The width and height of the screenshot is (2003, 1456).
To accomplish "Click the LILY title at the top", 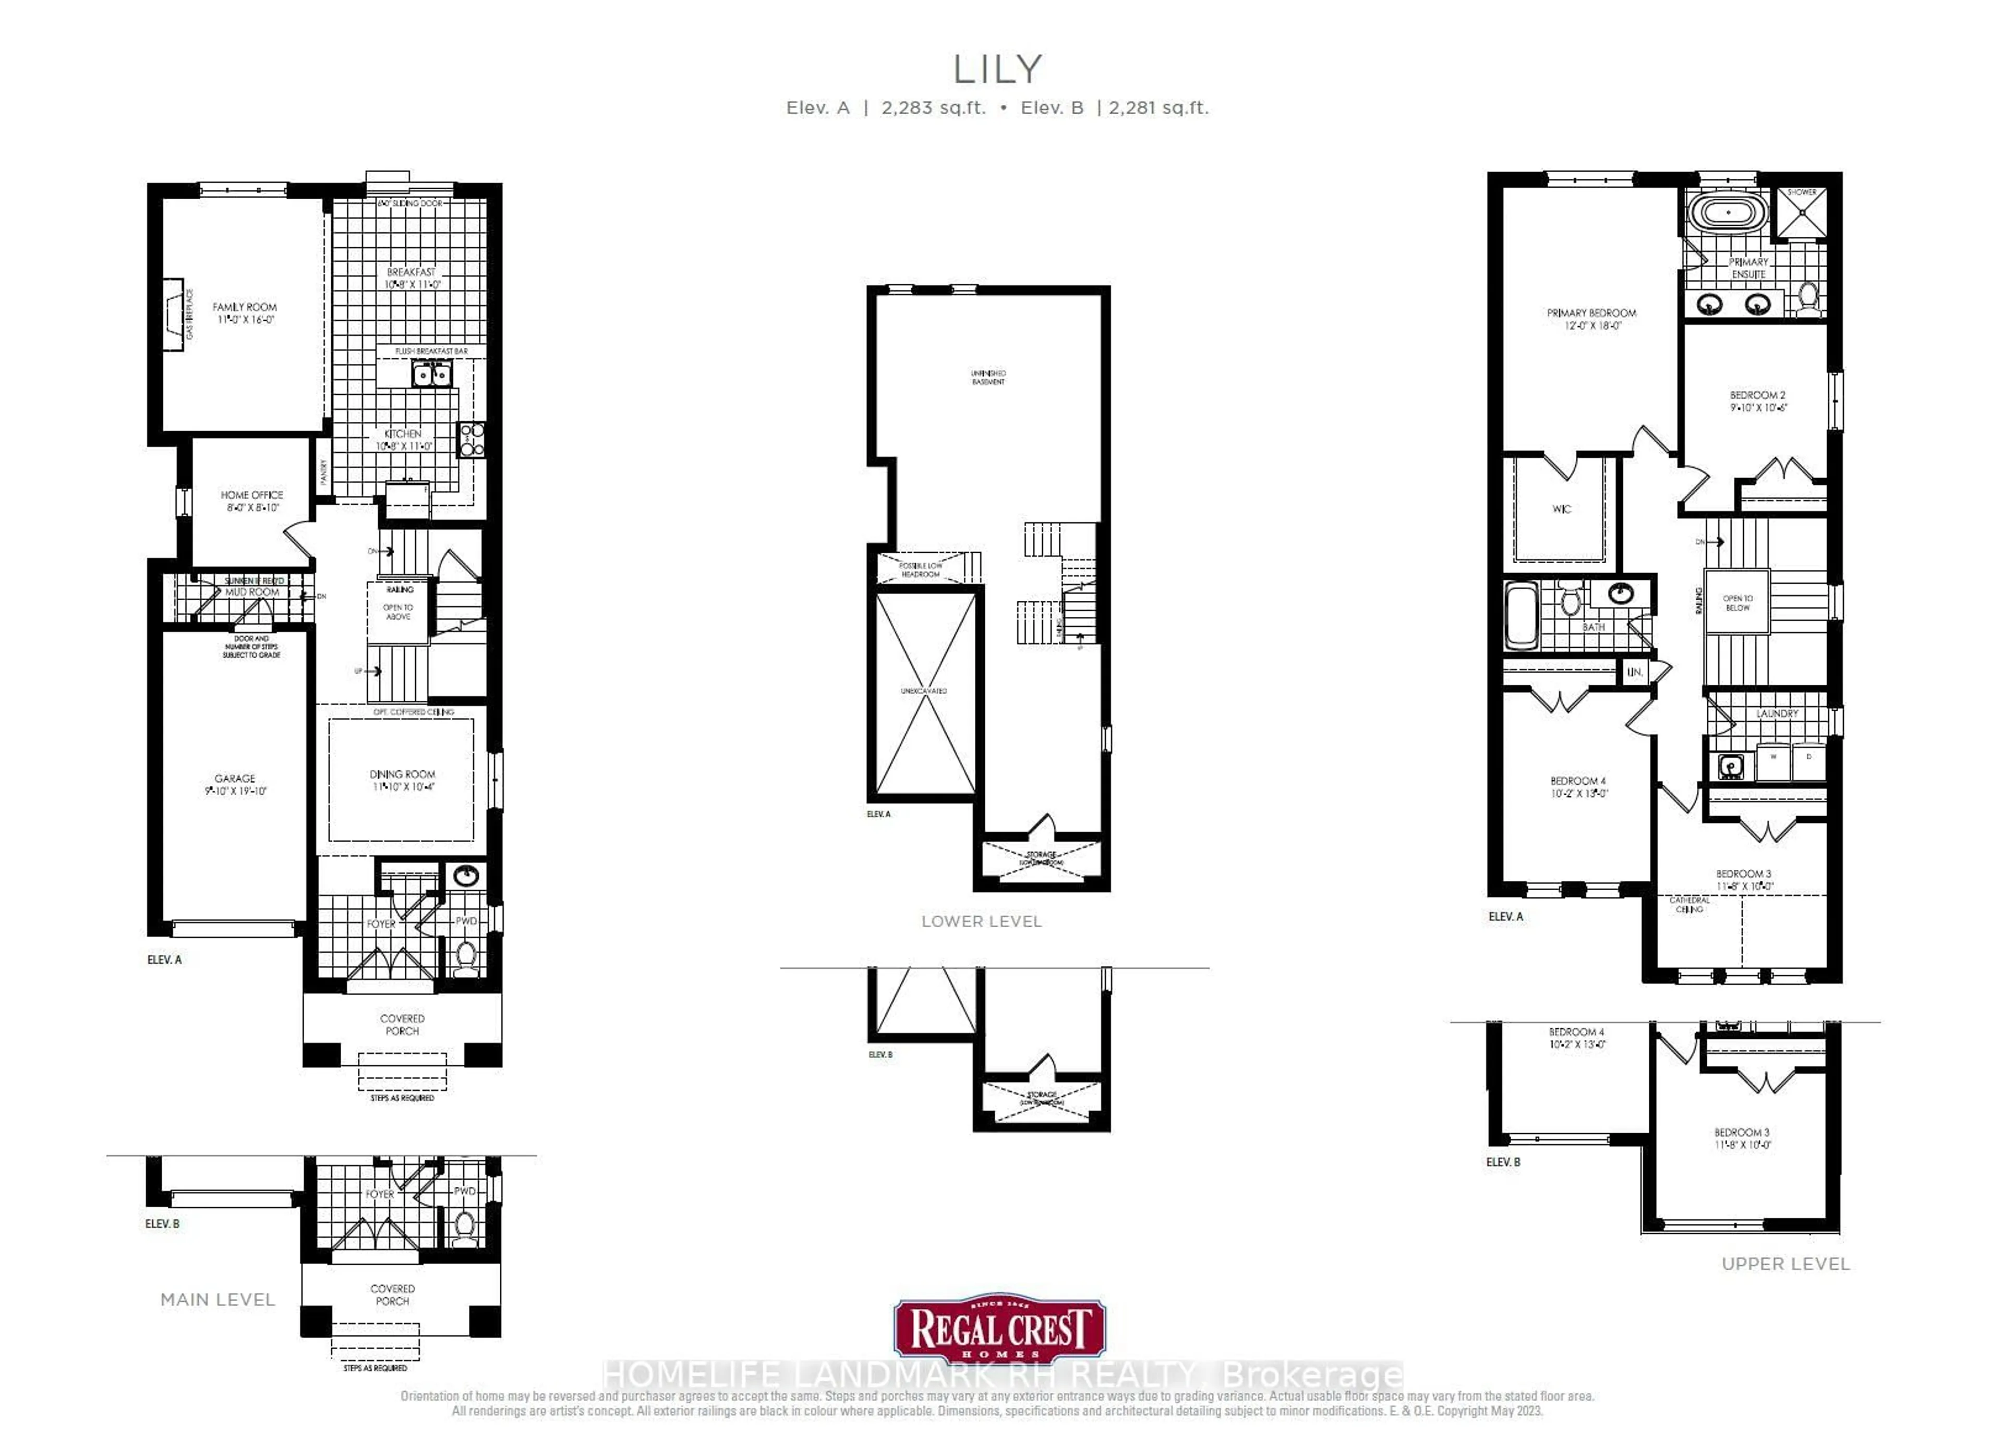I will pyautogui.click(x=997, y=69).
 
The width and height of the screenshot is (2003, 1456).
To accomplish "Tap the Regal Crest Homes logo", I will pyautogui.click(x=999, y=1330).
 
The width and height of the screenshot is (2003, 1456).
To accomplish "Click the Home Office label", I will pyautogui.click(x=252, y=495).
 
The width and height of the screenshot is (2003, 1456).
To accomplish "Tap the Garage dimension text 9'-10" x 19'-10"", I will pyautogui.click(x=235, y=791).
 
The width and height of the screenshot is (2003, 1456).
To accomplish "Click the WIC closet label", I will pyautogui.click(x=1561, y=509).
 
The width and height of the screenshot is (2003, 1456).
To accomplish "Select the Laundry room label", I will pyautogui.click(x=1777, y=713).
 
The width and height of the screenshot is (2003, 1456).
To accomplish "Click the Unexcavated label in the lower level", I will pyautogui.click(x=924, y=691).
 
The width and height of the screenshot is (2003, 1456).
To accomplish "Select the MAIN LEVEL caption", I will pyautogui.click(x=218, y=1300).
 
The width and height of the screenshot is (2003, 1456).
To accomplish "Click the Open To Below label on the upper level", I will pyautogui.click(x=1737, y=603).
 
